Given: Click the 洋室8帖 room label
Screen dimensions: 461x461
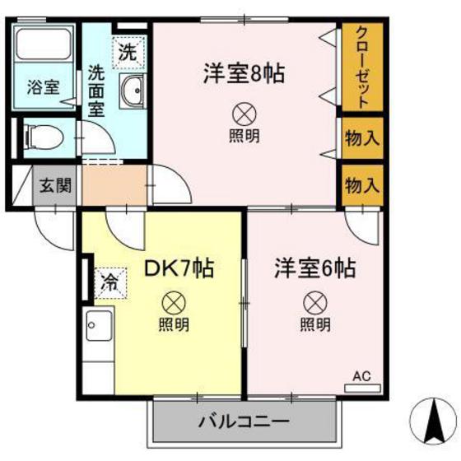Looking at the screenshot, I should tap(244, 74).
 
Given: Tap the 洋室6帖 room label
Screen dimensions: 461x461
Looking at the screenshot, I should tap(314, 268).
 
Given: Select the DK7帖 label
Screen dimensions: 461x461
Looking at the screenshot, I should tap(179, 268).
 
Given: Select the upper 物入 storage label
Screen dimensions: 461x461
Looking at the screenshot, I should tap(361, 138).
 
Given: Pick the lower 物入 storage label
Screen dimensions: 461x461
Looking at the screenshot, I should tap(361, 184).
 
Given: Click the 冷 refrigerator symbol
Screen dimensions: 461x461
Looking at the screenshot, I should tap(109, 282).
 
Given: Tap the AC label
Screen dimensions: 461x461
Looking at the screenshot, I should tap(362, 376).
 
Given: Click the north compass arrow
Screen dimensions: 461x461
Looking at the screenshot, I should tap(431, 417).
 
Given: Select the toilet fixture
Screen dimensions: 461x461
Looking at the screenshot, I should tap(41, 136).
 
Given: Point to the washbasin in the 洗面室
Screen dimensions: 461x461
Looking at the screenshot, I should tap(132, 91).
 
